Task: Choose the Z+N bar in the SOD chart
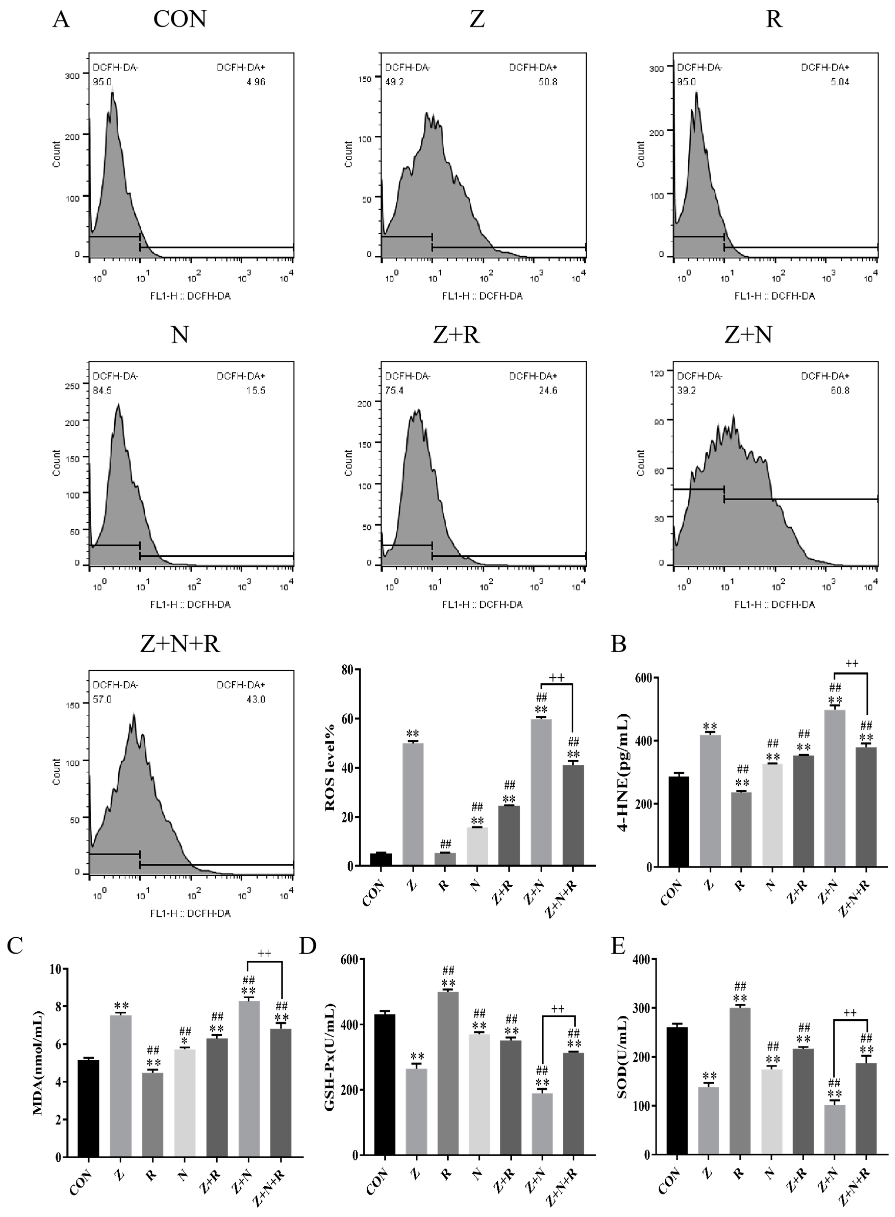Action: [x=835, y=1130]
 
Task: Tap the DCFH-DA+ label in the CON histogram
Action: [x=241, y=68]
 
